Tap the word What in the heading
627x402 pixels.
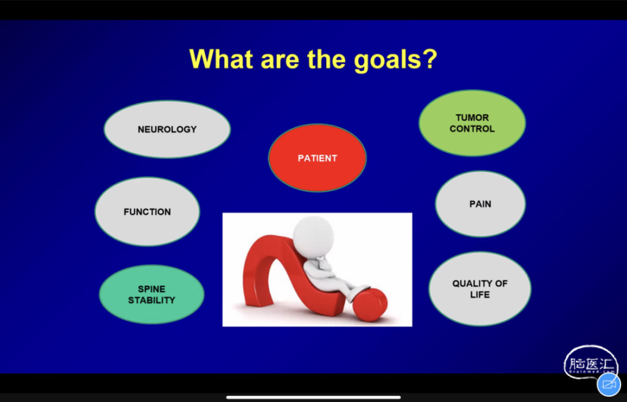pos(221,59)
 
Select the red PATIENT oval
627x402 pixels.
pos(317,158)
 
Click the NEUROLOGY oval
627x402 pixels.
pos(167,129)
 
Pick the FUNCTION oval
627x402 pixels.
pos(147,211)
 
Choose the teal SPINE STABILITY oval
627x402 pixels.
pos(152,295)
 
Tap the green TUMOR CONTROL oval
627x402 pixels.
pos(472,123)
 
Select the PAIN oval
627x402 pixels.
pos(480,204)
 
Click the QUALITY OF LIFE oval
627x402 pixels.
pos(480,289)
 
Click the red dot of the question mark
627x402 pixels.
pos(370,304)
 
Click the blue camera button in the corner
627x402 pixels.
pos(608,385)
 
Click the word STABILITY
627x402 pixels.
pos(152,300)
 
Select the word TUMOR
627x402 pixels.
pos(472,117)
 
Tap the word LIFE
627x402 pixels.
pos(480,295)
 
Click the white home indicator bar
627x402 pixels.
pos(313,397)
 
